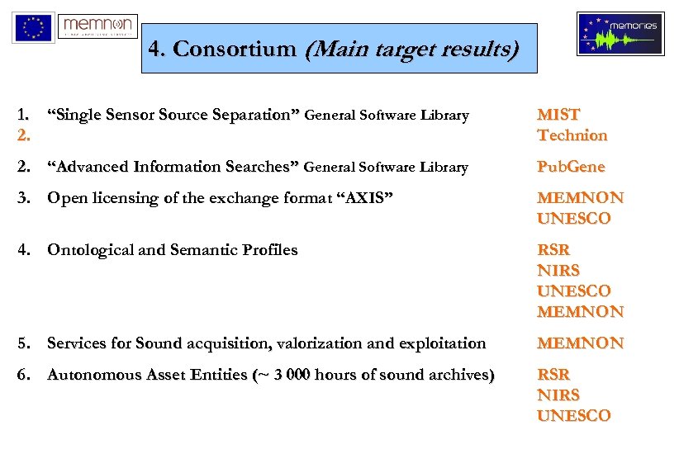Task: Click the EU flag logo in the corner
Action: (33, 27)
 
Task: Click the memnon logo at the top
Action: (97, 26)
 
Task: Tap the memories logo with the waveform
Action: (620, 34)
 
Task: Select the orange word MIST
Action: (558, 115)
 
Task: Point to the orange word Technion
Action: (572, 135)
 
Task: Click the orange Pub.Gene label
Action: (571, 167)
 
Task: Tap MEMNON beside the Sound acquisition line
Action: (580, 343)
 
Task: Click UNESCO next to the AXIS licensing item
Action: (574, 219)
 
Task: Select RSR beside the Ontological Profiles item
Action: (553, 249)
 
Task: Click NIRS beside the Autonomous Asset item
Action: (558, 395)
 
